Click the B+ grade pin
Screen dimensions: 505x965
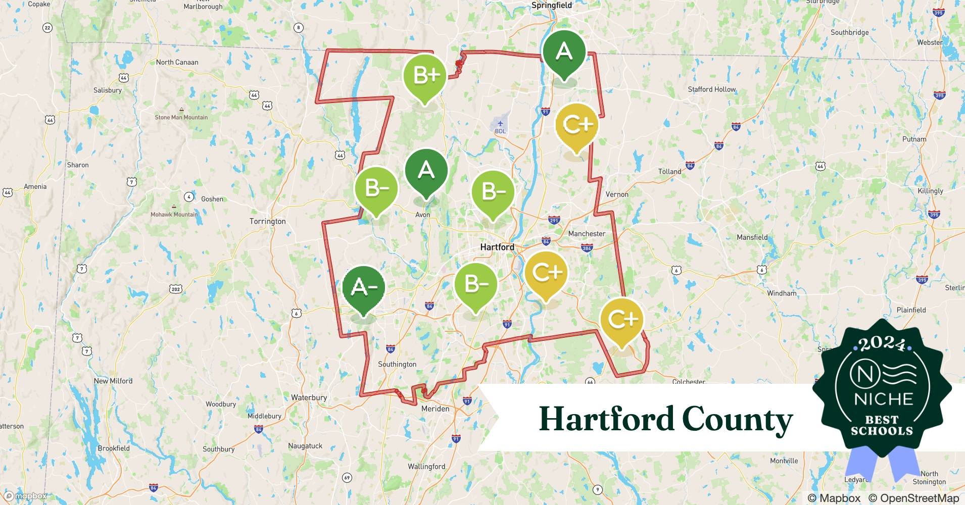tap(425, 76)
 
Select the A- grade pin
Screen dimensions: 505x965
tap(363, 288)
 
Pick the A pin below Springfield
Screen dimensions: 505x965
tap(564, 52)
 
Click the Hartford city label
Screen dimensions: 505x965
tap(497, 247)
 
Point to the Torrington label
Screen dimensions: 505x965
tap(267, 221)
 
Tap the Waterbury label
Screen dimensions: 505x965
tap(309, 397)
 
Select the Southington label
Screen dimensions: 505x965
tap(397, 364)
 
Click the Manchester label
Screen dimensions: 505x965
tap(587, 234)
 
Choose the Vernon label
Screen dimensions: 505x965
tap(617, 194)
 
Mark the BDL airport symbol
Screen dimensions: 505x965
tap(500, 124)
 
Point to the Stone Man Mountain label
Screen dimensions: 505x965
tap(181, 117)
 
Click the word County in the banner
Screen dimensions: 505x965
tap(737, 419)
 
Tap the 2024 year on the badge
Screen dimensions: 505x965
tap(882, 344)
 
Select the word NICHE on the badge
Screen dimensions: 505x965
tap(883, 399)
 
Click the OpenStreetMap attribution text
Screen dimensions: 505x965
tap(913, 498)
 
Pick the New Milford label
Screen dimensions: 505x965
tap(113, 381)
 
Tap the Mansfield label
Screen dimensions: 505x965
tap(752, 237)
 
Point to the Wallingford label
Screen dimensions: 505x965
tap(426, 466)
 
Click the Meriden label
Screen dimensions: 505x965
tap(435, 409)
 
